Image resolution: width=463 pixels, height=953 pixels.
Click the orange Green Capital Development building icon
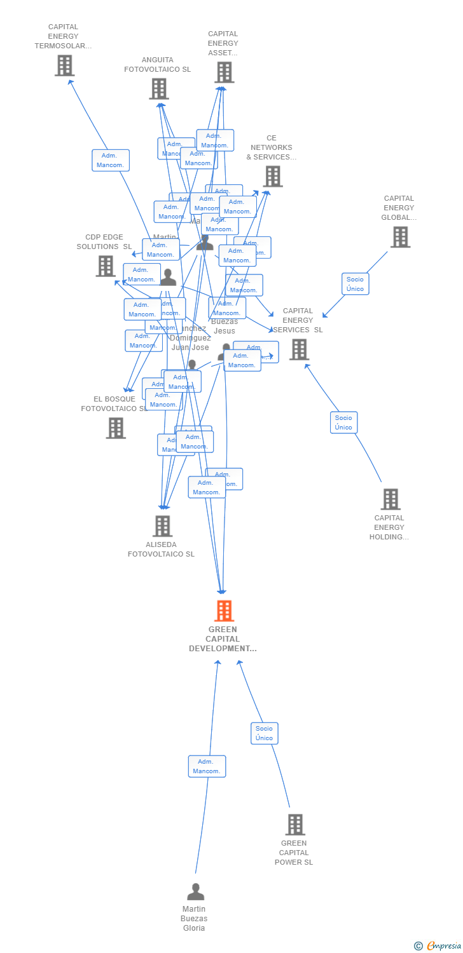tap(224, 611)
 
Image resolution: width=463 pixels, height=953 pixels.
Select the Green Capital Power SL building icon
tap(295, 825)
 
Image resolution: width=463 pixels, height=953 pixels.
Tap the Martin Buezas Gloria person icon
tap(196, 891)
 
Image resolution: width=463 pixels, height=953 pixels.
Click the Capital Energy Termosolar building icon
tap(64, 65)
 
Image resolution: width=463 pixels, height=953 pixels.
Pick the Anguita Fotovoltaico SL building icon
tap(159, 89)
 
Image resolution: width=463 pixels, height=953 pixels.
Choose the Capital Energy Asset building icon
tap(224, 72)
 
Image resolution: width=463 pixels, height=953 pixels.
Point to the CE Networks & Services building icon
tap(273, 177)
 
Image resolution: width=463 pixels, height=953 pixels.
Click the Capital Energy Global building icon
tap(400, 237)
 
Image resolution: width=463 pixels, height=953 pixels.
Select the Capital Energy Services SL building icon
tap(299, 349)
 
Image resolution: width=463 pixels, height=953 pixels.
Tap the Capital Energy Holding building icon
tap(390, 499)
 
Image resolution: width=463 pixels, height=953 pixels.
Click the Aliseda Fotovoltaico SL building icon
tap(163, 526)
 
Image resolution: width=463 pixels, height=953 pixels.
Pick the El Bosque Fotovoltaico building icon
tap(116, 428)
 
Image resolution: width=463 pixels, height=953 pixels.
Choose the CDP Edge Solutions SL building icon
tap(106, 266)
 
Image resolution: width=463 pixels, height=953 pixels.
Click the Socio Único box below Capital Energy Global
tap(355, 284)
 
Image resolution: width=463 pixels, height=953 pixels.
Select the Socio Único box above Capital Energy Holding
tap(343, 422)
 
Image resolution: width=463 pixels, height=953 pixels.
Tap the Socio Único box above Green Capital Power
tap(264, 733)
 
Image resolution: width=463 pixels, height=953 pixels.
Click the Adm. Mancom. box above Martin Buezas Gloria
tap(207, 766)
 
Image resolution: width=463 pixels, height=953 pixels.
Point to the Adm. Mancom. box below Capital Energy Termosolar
tap(111, 160)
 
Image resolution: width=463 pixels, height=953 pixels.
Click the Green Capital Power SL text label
tap(294, 853)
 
